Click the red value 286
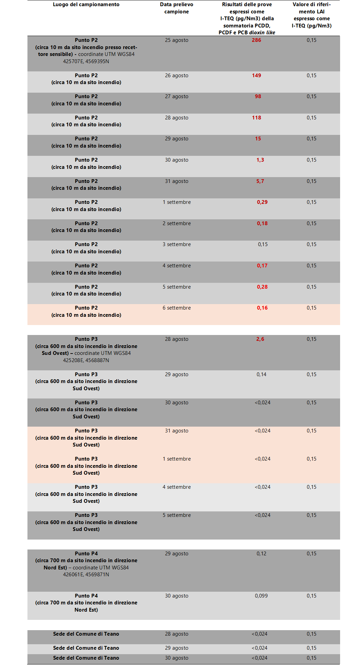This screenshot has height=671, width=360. (256, 40)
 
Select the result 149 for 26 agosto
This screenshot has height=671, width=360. (256, 76)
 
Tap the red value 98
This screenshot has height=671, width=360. (258, 96)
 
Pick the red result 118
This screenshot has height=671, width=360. (256, 118)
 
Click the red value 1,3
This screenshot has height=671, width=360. (260, 160)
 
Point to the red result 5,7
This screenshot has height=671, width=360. (260, 181)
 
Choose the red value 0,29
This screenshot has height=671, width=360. (262, 202)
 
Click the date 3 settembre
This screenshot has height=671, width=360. (177, 244)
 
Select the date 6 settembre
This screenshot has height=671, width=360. (177, 308)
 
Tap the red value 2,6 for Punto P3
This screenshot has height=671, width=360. (260, 339)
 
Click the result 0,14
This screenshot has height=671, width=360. (262, 374)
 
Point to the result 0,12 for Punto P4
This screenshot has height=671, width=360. (262, 554)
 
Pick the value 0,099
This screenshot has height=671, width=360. (261, 596)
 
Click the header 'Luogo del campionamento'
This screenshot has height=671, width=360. (86, 4)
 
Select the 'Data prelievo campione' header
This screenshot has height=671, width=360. (176, 8)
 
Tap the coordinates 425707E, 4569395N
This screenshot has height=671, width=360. (86, 61)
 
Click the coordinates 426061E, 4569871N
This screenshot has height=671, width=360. (86, 575)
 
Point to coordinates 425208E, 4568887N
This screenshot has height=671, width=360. (86, 360)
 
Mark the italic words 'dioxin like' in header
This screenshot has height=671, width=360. (262, 33)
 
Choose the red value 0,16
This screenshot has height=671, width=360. (262, 308)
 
